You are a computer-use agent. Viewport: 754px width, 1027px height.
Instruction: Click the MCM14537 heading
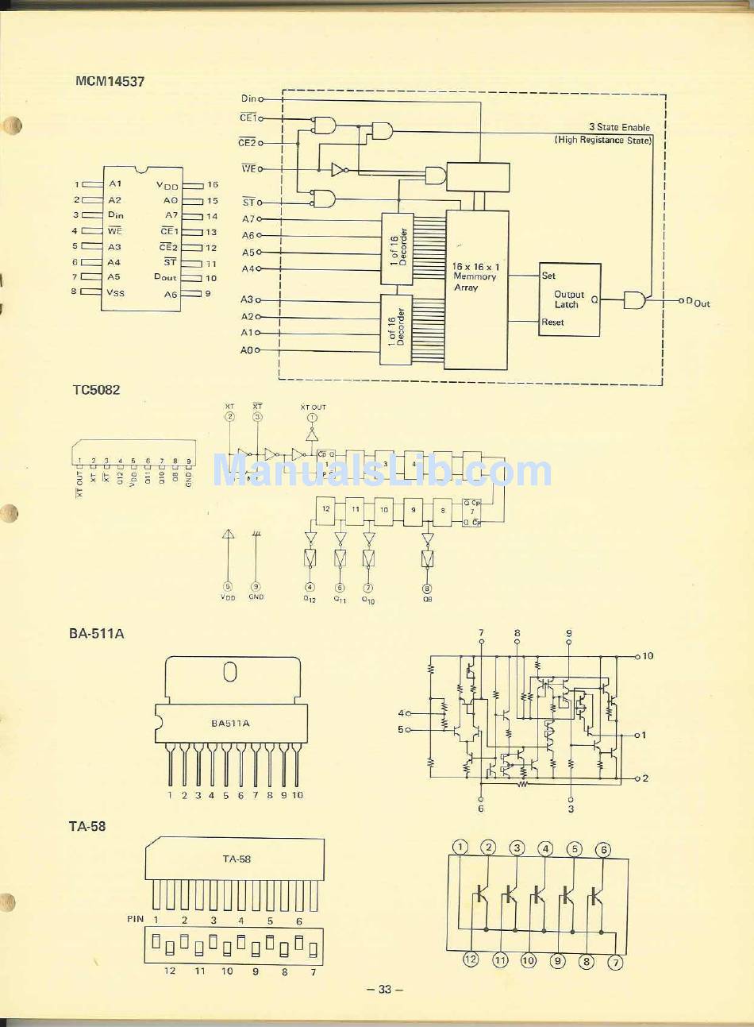click(110, 81)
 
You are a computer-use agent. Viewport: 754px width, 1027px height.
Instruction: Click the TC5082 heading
click(96, 390)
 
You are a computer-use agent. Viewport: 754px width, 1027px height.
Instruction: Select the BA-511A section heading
click(96, 634)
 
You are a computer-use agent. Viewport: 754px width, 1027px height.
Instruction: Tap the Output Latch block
click(569, 299)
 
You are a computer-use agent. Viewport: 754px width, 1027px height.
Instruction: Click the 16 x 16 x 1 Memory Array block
click(475, 277)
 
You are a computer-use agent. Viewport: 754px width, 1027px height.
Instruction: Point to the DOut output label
click(698, 303)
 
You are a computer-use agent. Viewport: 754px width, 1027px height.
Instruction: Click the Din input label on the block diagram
click(248, 98)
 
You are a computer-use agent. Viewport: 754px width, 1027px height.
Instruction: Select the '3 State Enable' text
click(619, 127)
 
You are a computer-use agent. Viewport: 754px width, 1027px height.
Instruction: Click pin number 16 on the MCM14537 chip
click(212, 185)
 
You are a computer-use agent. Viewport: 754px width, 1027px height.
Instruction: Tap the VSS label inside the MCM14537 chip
click(116, 292)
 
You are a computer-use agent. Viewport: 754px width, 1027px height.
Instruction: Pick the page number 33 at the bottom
click(385, 990)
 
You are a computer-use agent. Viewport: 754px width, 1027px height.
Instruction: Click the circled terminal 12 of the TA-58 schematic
click(471, 959)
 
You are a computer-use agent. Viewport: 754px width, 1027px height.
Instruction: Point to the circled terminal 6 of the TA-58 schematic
click(603, 849)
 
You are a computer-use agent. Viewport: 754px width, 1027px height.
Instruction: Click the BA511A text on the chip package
click(230, 723)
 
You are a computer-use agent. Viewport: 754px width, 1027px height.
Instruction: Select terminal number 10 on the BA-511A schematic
click(648, 656)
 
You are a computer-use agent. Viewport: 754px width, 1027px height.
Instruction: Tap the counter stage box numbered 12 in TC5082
click(325, 509)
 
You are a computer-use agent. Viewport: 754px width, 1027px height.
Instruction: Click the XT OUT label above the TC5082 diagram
click(313, 407)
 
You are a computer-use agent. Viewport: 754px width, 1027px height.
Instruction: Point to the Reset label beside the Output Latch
click(552, 322)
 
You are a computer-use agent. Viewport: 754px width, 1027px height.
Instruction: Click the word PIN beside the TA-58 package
click(135, 919)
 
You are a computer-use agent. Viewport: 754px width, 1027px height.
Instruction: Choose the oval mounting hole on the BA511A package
click(230, 673)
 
